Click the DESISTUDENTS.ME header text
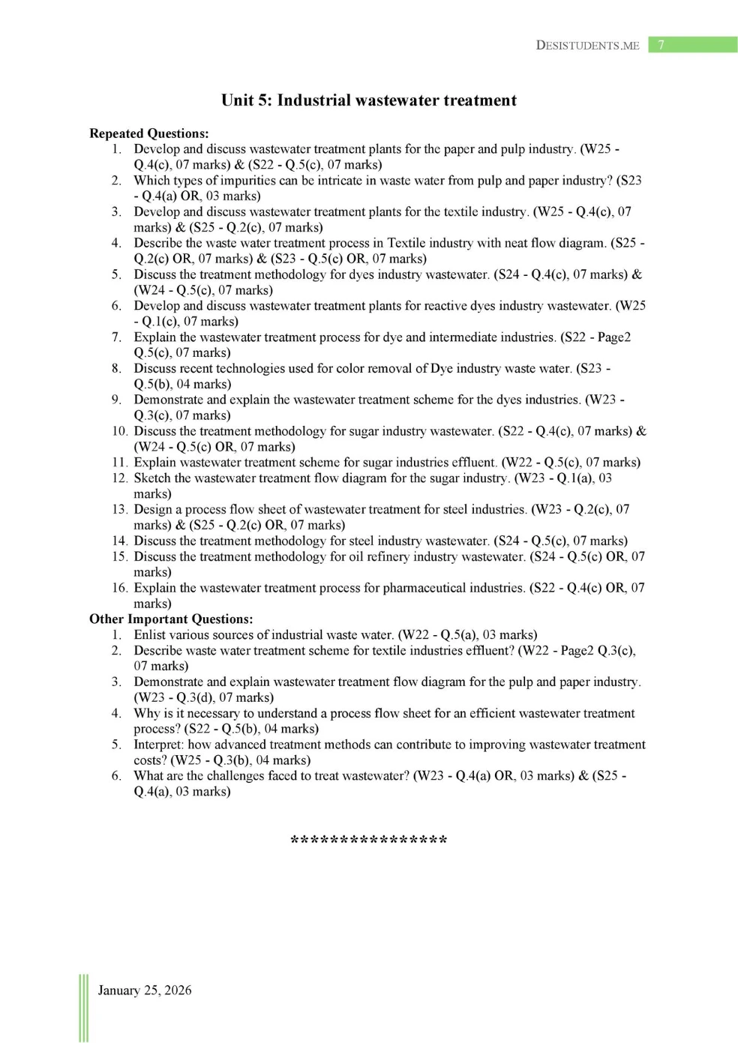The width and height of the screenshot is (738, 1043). point(587,45)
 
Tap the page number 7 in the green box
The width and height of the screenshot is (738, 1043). point(661,45)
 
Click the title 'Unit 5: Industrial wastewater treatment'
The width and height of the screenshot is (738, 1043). point(368,100)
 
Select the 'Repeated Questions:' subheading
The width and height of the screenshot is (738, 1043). point(148,133)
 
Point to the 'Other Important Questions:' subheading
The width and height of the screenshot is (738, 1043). point(171,619)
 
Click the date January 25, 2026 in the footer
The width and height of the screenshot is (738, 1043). point(145,990)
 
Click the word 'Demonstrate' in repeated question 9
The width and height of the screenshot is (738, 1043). point(169,400)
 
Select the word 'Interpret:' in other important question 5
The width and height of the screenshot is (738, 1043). point(158,744)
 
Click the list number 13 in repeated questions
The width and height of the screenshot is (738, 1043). point(119,509)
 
